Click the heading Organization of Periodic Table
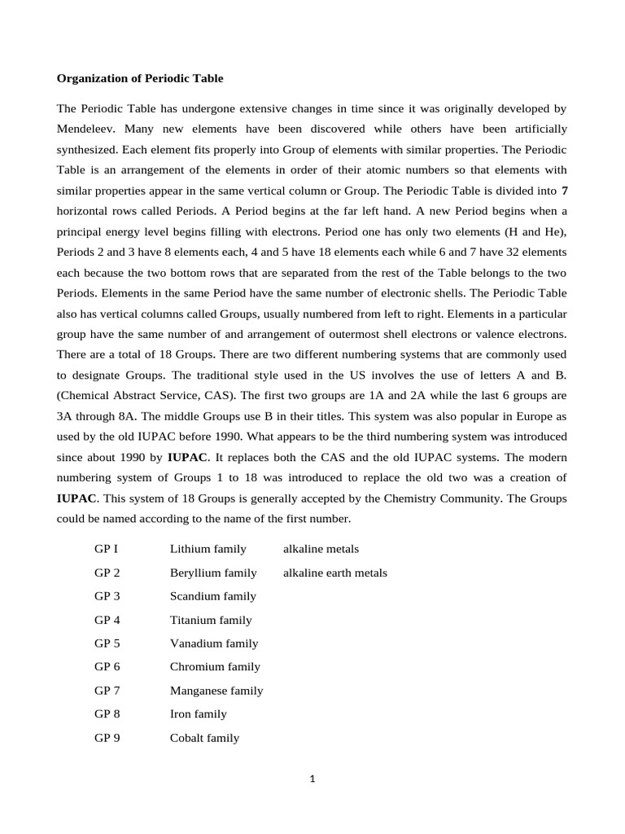[139, 79]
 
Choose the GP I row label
[107, 549]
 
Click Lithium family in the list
[208, 549]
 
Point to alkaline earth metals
[334, 573]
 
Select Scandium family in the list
[212, 596]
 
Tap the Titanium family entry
[211, 620]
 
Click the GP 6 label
[107, 666]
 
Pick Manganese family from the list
[216, 691]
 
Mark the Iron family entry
[198, 714]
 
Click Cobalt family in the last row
[204, 738]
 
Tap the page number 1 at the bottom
[312, 779]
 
